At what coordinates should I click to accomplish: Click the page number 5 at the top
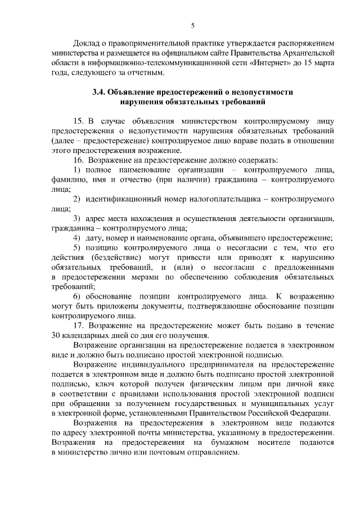pyautogui.click(x=192, y=25)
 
